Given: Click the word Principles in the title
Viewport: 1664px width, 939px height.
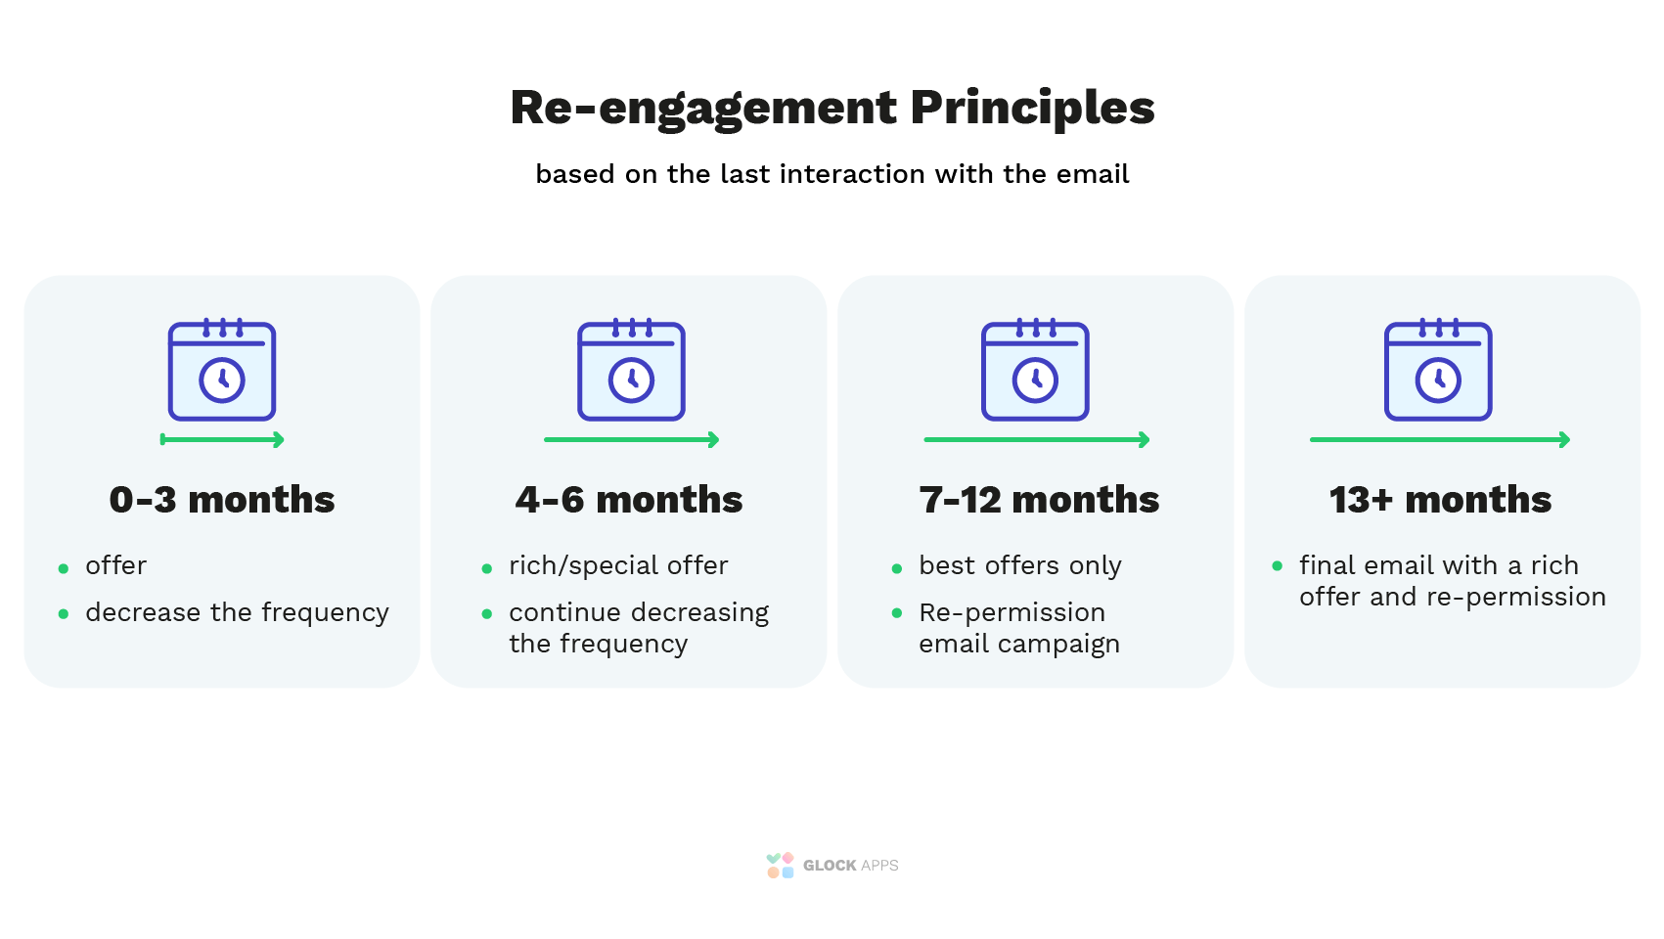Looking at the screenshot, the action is click(x=1032, y=110).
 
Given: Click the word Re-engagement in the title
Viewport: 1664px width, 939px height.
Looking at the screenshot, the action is click(x=702, y=110).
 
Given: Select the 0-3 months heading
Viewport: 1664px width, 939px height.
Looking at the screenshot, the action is click(x=221, y=499).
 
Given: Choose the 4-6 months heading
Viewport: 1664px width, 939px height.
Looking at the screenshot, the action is click(x=628, y=499).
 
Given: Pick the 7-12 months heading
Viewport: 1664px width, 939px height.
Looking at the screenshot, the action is click(x=1039, y=499).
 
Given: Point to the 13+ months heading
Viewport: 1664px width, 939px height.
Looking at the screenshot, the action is click(x=1440, y=499).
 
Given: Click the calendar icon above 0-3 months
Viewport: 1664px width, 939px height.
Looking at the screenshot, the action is click(x=222, y=369).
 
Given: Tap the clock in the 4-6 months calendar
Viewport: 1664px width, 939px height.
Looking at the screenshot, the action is click(x=631, y=380).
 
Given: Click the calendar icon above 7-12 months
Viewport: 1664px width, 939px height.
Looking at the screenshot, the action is click(x=1035, y=369).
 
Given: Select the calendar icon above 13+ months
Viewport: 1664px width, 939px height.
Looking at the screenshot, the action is click(x=1438, y=369).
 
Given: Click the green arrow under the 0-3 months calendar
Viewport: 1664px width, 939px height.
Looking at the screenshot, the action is click(x=222, y=440).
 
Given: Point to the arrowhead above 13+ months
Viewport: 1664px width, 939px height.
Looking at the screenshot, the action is click(x=1564, y=440).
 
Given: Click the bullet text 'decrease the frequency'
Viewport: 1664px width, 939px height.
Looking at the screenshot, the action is click(x=237, y=613).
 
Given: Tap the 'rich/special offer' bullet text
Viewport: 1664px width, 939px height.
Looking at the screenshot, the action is click(x=618, y=566).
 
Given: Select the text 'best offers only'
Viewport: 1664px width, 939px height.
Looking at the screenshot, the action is click(x=1020, y=566).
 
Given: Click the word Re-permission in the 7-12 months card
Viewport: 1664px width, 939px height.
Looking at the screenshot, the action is click(x=1012, y=612).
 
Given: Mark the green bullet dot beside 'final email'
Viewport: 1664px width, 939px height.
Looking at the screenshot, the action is click(x=1277, y=566).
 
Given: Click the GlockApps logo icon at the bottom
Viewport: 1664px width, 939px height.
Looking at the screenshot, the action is click(x=780, y=866).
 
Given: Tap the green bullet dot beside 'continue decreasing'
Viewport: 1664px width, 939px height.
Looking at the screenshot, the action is click(x=486, y=613).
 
